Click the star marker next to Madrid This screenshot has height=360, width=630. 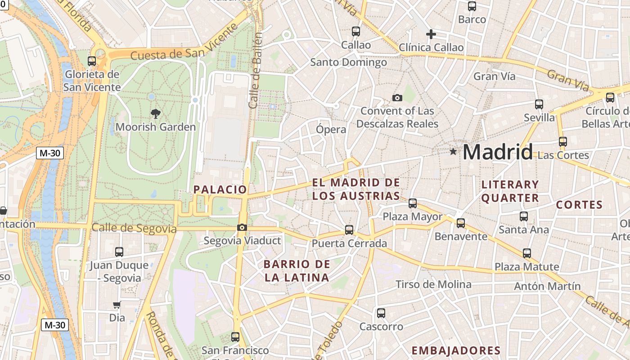[453, 152]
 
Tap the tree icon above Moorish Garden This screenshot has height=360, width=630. [156, 113]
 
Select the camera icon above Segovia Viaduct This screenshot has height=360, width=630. [242, 227]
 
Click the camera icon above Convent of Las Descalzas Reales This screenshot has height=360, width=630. [397, 98]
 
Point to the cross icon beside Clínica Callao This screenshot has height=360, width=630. [431, 34]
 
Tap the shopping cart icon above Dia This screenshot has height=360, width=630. [117, 305]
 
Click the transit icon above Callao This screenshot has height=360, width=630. [356, 31]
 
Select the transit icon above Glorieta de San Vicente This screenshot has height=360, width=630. [92, 61]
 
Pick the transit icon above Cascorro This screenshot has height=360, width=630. [381, 313]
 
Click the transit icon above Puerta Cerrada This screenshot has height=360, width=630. [349, 230]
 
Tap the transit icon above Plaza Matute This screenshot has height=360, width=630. [527, 253]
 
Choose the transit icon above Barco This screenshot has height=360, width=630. [472, 6]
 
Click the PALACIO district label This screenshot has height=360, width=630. [220, 189]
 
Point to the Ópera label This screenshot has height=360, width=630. [331, 130]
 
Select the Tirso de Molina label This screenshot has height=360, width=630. [433, 284]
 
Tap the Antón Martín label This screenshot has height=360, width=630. [547, 286]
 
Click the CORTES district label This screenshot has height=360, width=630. [579, 205]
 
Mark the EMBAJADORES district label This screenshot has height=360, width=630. [456, 351]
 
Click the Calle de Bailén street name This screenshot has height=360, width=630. [255, 70]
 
